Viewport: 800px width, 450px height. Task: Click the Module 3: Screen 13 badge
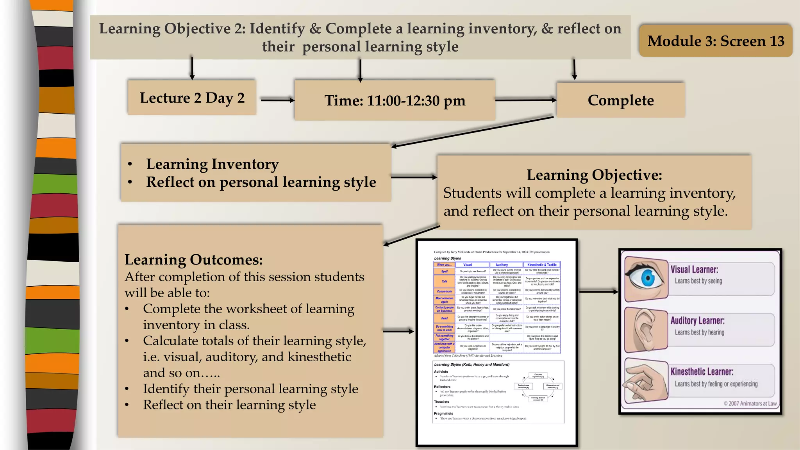pos(716,41)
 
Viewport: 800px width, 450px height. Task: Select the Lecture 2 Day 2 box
pos(192,98)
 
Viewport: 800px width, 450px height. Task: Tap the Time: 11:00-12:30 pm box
pos(395,100)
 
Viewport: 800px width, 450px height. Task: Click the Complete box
pos(621,100)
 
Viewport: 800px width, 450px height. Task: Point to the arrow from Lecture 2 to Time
pos(277,100)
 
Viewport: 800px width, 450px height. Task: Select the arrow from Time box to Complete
pos(526,100)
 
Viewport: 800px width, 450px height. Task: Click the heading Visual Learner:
pos(694,270)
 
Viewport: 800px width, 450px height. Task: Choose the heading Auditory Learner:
pos(697,321)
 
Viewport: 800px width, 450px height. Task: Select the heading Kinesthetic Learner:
pos(702,372)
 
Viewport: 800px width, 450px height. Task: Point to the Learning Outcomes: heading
pos(193,260)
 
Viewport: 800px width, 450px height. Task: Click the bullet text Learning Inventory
pos(212,164)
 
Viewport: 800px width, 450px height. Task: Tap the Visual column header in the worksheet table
pos(468,265)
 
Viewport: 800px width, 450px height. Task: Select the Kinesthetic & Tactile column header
pos(542,265)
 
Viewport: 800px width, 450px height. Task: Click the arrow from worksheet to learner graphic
pos(598,292)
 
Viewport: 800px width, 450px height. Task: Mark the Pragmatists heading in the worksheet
pos(443,413)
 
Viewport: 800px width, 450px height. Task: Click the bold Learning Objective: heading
pos(594,175)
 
